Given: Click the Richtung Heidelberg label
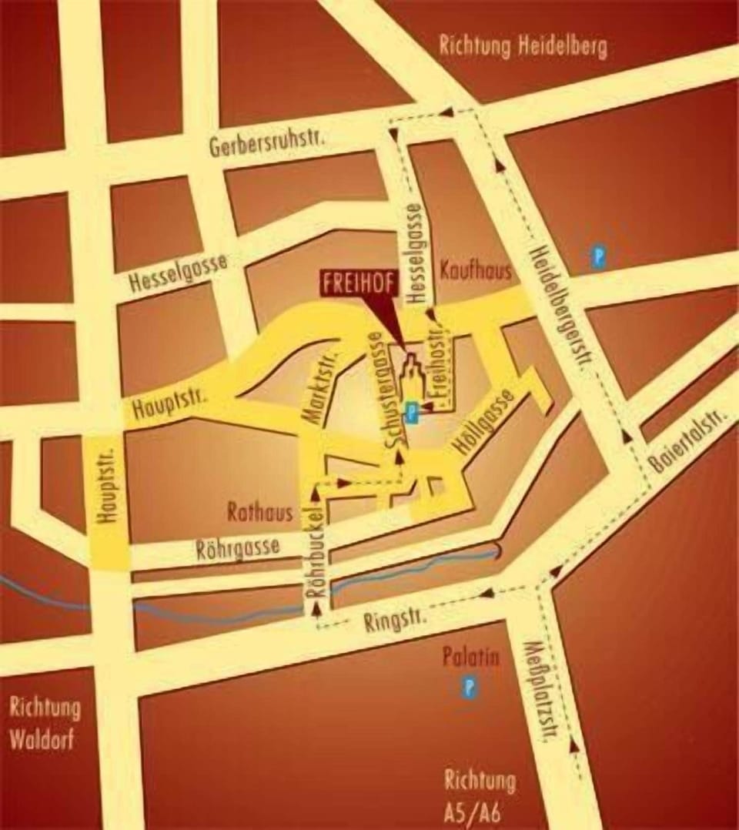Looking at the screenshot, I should [523, 46].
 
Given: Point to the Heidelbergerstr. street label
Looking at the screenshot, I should [559, 307].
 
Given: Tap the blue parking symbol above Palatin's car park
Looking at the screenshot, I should [469, 688].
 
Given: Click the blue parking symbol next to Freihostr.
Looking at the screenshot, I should [413, 413].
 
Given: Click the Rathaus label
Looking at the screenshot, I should [259, 511].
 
